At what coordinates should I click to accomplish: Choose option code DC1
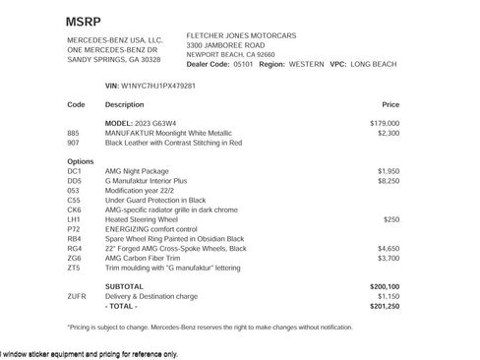[74, 171]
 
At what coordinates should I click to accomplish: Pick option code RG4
[74, 248]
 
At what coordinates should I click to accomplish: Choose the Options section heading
[81, 161]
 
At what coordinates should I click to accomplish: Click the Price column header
[390, 103]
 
